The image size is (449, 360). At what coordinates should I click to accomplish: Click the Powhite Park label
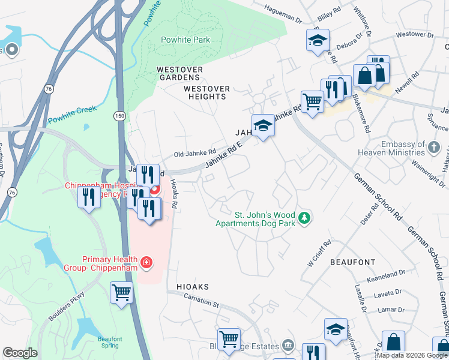pos(185,40)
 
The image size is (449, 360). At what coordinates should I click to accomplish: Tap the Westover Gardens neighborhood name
pos(178,73)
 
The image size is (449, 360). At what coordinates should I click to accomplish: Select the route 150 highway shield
pos(120,115)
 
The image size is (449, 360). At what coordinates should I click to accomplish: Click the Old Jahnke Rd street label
pos(194,154)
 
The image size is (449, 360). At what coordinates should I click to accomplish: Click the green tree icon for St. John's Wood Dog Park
pos(305,217)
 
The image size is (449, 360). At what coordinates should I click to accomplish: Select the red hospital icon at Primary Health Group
pos(145,262)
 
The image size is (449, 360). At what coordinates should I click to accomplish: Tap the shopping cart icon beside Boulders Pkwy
pos(122,293)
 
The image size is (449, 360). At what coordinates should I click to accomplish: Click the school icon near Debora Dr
pos(316,40)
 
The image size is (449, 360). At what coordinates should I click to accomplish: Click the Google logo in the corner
pos(20,353)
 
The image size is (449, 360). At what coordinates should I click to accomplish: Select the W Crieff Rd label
pos(319,255)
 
